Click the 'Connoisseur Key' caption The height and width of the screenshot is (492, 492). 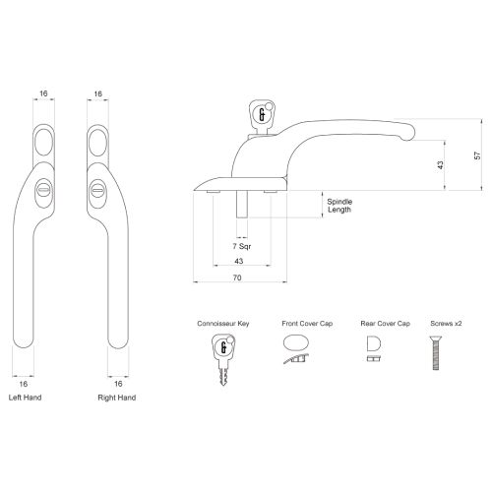pyautogui.click(x=223, y=324)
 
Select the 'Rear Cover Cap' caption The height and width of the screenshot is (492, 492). pyautogui.click(x=374, y=324)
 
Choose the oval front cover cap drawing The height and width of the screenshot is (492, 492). pyautogui.click(x=295, y=345)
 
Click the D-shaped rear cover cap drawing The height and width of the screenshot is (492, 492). pyautogui.click(x=373, y=345)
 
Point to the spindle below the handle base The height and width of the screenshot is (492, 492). pyautogui.click(x=238, y=210)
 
